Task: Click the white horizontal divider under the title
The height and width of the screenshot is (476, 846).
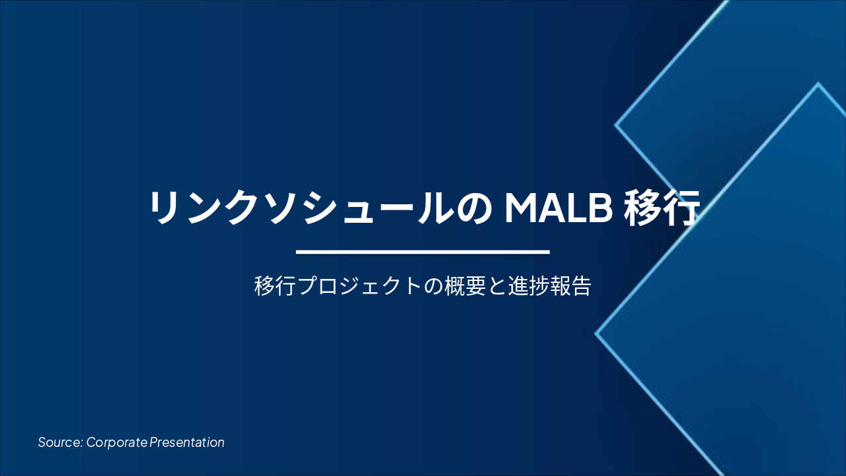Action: click(x=423, y=252)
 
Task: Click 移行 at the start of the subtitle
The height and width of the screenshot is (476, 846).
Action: click(x=274, y=286)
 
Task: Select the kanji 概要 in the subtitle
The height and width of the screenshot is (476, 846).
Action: click(x=465, y=286)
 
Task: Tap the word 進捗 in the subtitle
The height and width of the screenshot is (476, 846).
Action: click(x=529, y=286)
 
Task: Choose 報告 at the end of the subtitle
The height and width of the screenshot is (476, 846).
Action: click(x=570, y=286)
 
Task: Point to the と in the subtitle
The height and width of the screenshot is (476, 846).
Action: click(x=497, y=286)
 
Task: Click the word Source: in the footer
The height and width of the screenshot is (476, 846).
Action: click(x=60, y=442)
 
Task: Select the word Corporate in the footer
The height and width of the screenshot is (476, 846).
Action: click(x=116, y=442)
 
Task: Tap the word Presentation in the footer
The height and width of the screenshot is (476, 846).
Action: click(x=187, y=442)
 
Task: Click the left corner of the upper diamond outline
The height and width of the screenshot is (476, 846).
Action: click(x=616, y=124)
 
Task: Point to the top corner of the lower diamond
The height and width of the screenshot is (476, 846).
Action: click(x=818, y=84)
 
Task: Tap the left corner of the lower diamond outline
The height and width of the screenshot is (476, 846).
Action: click(x=596, y=334)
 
